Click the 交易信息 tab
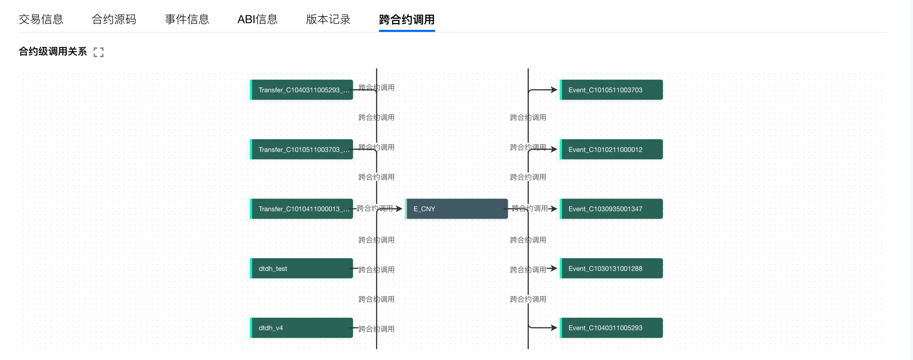(41, 19)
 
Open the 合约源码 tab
(114, 19)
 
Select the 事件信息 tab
(187, 19)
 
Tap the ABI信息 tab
(257, 19)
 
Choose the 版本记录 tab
(328, 19)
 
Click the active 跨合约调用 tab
(407, 19)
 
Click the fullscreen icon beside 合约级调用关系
(99, 52)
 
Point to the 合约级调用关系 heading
(52, 51)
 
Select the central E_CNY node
(456, 209)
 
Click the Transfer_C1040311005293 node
(302, 89)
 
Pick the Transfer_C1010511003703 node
(302, 149)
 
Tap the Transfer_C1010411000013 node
(302, 209)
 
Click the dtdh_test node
(302, 268)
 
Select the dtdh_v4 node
(302, 328)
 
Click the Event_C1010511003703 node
(611, 89)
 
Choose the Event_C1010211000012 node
(611, 149)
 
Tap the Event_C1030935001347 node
(611, 209)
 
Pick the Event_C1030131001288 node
(611, 268)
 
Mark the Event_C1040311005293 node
(611, 328)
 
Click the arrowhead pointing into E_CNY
(399, 209)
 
